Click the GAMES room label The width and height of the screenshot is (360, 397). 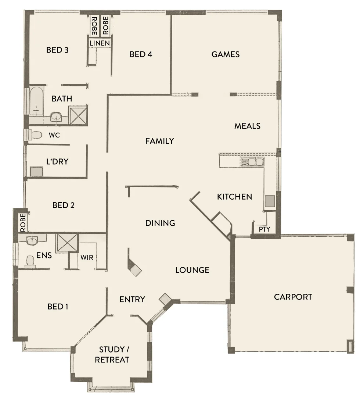coord(226,54)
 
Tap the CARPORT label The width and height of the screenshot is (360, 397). coord(293,297)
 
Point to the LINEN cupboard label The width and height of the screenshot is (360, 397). coord(100,43)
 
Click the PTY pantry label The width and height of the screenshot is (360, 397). coord(264,229)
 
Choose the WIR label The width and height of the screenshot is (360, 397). coord(87,257)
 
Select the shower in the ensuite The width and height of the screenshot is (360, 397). coord(66,242)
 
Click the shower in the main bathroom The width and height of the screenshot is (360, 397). coord(78,115)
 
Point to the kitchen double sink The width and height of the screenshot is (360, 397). coord(252,161)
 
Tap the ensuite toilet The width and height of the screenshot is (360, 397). coord(30,261)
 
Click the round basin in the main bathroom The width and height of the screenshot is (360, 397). coord(56,117)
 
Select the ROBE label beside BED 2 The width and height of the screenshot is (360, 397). coord(23,222)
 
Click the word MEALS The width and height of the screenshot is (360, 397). coord(247,126)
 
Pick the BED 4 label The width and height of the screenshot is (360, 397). coord(141,54)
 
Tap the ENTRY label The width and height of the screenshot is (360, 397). coord(132,299)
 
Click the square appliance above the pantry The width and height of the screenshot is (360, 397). coord(270,201)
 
